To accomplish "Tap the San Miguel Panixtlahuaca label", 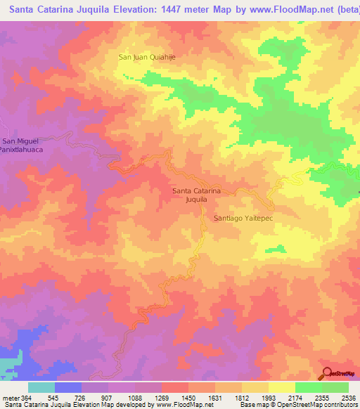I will (x=18, y=145).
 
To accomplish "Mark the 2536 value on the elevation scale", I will (x=349, y=398).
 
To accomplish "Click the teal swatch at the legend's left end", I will (x=41, y=387).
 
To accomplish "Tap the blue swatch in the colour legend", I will (x=68, y=387).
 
